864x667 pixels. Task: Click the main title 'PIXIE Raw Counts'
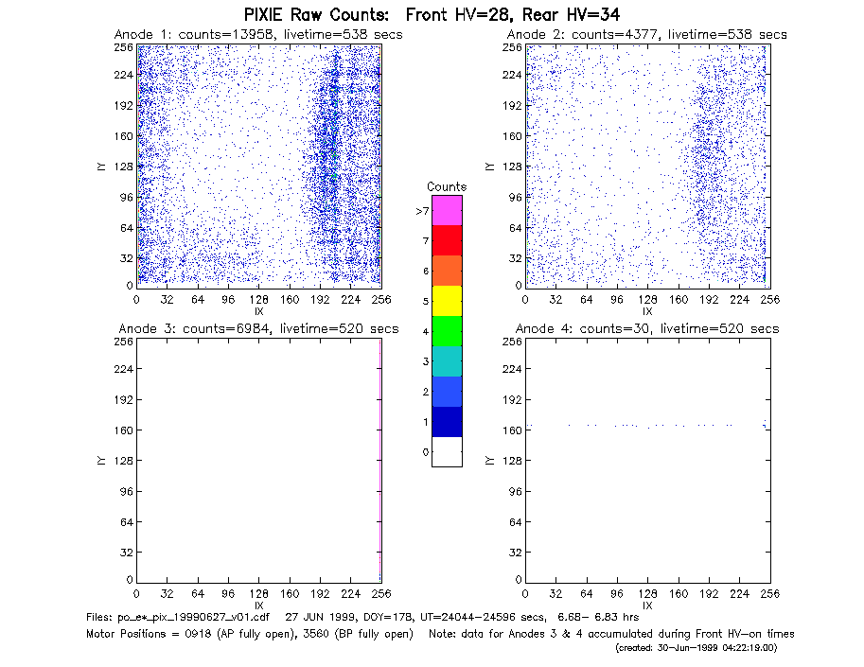click(316, 15)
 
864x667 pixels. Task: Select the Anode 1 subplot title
click(258, 35)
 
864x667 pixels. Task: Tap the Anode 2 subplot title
click(647, 35)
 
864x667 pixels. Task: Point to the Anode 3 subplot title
click(258, 329)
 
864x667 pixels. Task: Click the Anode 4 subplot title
click(647, 329)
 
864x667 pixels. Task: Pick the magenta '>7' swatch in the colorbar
click(447, 210)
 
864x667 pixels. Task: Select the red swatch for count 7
click(447, 240)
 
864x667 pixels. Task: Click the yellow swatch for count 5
click(447, 301)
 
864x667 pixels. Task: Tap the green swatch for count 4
click(447, 331)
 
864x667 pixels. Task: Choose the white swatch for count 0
click(447, 451)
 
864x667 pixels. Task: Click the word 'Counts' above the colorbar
click(447, 186)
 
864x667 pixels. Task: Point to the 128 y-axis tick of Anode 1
click(124, 167)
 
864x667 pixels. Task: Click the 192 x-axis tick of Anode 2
click(709, 300)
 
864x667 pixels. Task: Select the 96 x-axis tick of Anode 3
click(228, 594)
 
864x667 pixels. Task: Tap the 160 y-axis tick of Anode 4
click(512, 430)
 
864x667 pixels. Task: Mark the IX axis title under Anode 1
click(259, 312)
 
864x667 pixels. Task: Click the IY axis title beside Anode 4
click(489, 461)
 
